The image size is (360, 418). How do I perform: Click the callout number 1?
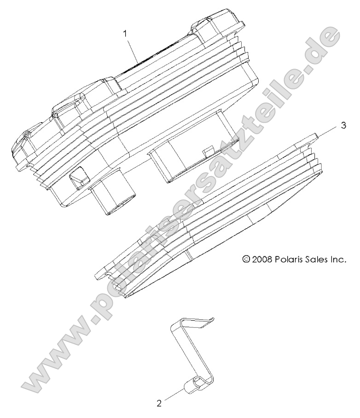[x=125, y=33]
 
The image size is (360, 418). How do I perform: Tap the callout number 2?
[x=159, y=403]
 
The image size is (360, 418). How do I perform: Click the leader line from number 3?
[x=329, y=130]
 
